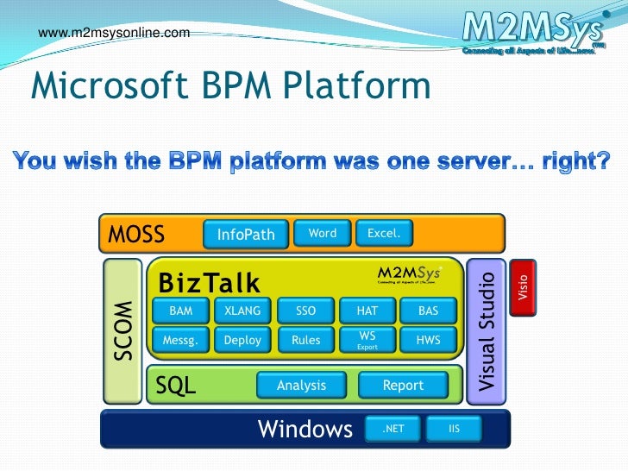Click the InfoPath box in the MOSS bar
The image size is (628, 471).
(x=246, y=234)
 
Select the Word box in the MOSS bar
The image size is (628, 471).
(x=322, y=234)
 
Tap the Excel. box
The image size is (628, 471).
(x=384, y=234)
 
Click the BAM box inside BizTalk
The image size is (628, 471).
(x=180, y=311)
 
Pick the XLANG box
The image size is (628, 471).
(x=242, y=311)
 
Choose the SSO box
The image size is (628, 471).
(x=306, y=311)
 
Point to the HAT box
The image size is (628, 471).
(x=367, y=311)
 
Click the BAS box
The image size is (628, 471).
(x=429, y=311)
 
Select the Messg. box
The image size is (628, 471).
(x=180, y=340)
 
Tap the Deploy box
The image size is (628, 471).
(x=242, y=340)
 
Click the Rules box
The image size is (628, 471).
(x=306, y=340)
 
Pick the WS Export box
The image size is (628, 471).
(x=367, y=340)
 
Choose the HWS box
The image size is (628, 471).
(x=429, y=340)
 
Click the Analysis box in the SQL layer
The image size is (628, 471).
(x=302, y=386)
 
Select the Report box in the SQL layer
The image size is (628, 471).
(x=403, y=386)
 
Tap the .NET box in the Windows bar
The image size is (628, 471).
(x=392, y=429)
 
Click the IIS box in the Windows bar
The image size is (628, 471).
(x=455, y=429)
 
